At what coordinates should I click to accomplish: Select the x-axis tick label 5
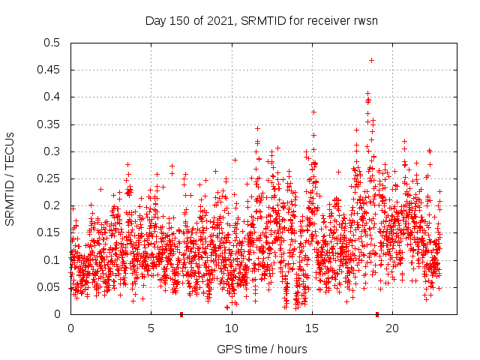(151, 328)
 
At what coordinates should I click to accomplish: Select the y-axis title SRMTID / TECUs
(10, 178)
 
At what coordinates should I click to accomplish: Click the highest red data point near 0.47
(371, 60)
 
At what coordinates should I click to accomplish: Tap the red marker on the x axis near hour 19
(376, 314)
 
